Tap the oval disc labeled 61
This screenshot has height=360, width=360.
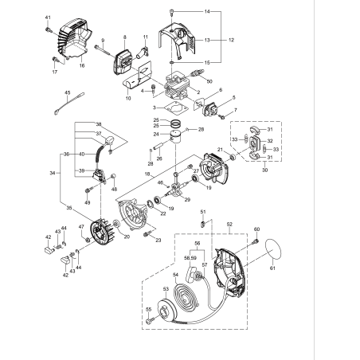coord(273,249)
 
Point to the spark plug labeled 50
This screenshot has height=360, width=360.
coord(197,80)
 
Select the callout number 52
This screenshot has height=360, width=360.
coord(230,225)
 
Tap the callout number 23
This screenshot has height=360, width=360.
coord(158,240)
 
